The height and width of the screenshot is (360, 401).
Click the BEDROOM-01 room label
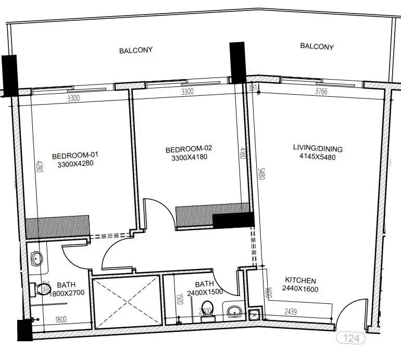click(75, 155)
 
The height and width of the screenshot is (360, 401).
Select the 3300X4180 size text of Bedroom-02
click(189, 158)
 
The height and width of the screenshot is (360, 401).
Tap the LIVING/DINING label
click(318, 148)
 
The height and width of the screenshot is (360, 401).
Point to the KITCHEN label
click(299, 280)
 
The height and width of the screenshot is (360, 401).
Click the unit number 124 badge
click(351, 338)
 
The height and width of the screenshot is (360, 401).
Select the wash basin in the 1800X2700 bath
click(36, 258)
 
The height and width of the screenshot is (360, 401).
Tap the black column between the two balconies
click(238, 62)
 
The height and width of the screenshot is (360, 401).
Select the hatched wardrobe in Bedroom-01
click(57, 227)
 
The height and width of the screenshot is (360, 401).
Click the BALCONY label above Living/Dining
click(317, 47)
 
